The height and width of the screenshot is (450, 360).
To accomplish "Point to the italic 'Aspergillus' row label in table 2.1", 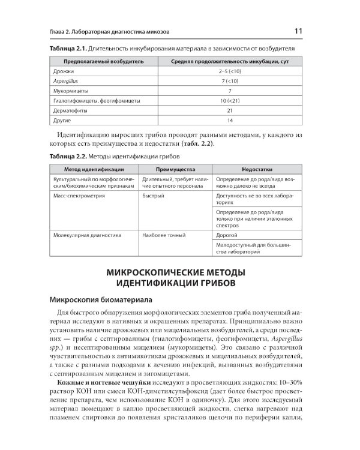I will pyautogui.click(x=67, y=82).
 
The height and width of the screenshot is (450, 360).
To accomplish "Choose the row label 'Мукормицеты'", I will pyautogui.click(x=70, y=91).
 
